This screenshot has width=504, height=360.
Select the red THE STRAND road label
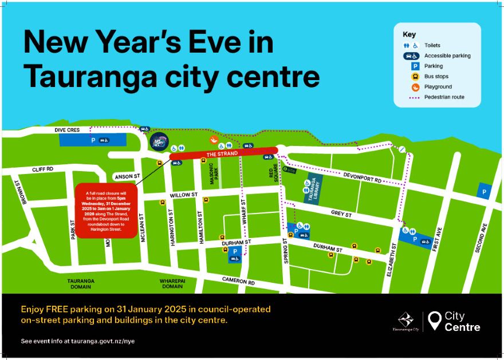click(x=222, y=154)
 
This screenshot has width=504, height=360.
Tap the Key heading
click(x=409, y=34)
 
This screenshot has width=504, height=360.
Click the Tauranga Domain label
click(x=80, y=284)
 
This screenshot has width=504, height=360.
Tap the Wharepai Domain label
click(x=172, y=284)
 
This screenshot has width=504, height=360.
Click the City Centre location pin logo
click(x=436, y=321)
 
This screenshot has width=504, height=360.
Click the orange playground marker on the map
click(x=213, y=139)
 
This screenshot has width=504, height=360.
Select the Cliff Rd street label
click(x=42, y=169)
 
